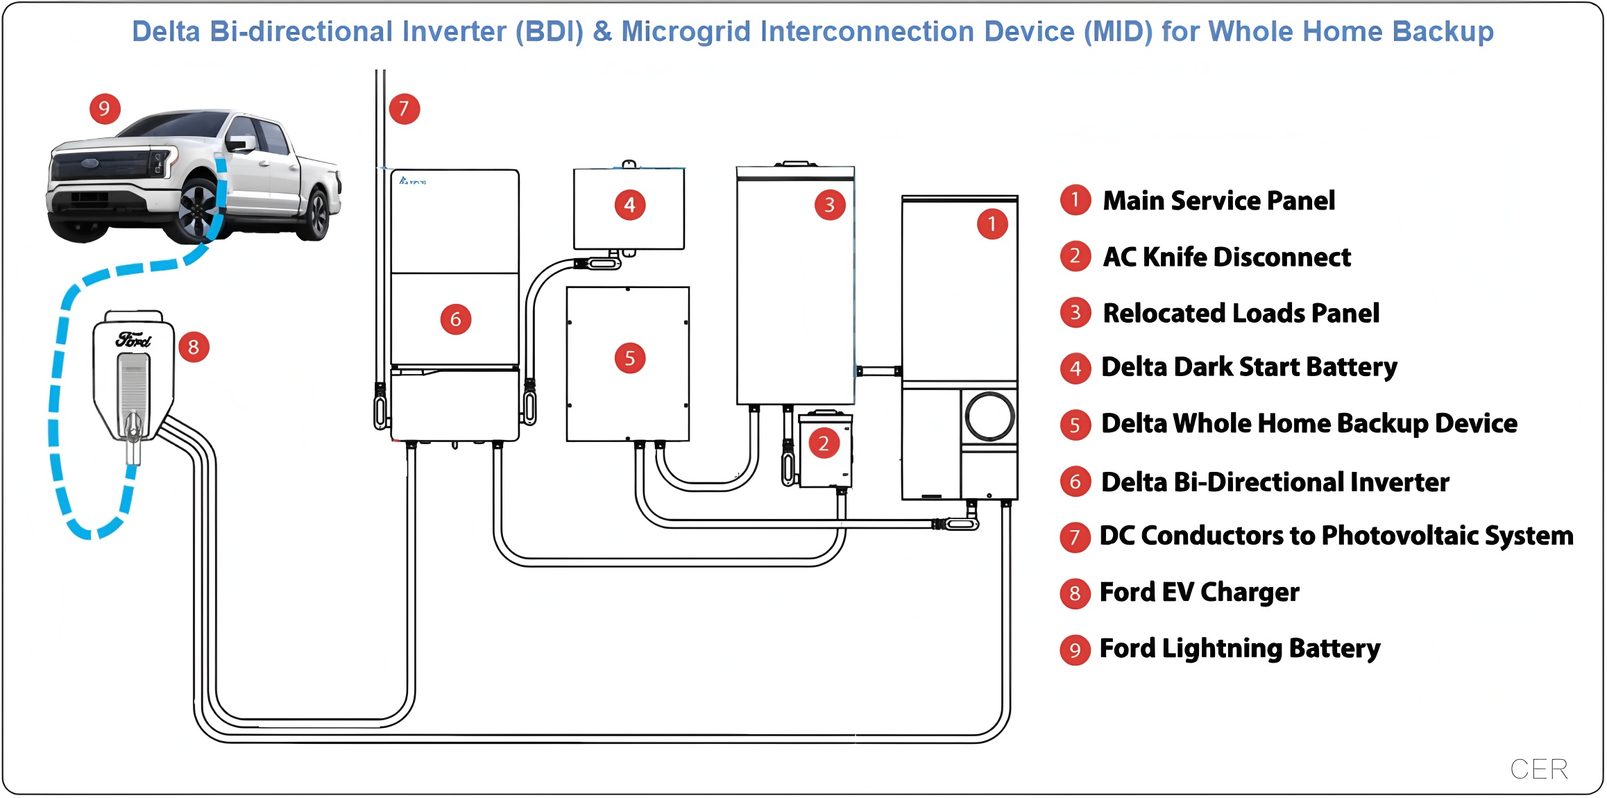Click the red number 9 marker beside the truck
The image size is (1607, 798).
[105, 109]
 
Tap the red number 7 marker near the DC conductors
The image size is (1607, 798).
[404, 109]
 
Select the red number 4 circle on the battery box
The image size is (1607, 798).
[629, 205]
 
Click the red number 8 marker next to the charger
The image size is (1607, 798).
[194, 347]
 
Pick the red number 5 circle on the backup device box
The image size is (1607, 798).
[629, 359]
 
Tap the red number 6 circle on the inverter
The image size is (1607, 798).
[455, 319]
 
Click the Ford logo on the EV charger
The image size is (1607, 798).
[133, 340]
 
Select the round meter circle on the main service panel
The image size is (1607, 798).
[989, 416]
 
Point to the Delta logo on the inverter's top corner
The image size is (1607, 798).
[412, 181]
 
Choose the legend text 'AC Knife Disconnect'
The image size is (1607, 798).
[1226, 257]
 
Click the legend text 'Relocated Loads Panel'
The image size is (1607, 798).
[1241, 314]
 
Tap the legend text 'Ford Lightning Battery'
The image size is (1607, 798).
[1239, 649]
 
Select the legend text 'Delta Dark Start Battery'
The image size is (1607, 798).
[1249, 367]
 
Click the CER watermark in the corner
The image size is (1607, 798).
[1538, 769]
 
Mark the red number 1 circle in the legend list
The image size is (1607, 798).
[1075, 201]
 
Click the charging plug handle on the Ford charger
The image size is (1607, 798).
[133, 430]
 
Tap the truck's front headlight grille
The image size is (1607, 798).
[104, 167]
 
